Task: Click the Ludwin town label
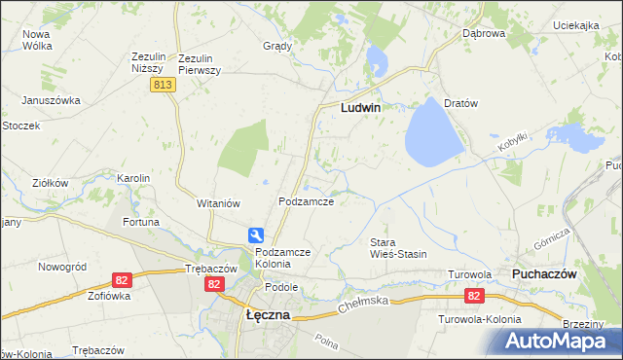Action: (360, 109)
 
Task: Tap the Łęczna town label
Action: (263, 317)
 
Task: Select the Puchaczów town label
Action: (545, 274)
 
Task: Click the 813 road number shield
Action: (163, 86)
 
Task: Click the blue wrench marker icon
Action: (256, 234)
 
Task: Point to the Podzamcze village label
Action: (307, 201)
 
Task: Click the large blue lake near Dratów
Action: (432, 134)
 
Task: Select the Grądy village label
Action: (277, 46)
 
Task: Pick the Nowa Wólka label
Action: (37, 39)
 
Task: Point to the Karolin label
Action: (133, 178)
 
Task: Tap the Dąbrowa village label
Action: (484, 33)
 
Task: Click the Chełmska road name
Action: (363, 305)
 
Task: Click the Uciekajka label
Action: (574, 25)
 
